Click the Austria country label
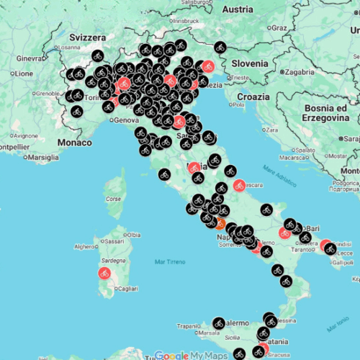(237, 9)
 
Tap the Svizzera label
(88, 37)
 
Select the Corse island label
(113, 197)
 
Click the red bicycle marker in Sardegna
(104, 274)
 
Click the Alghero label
(85, 246)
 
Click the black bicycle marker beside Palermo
(219, 323)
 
